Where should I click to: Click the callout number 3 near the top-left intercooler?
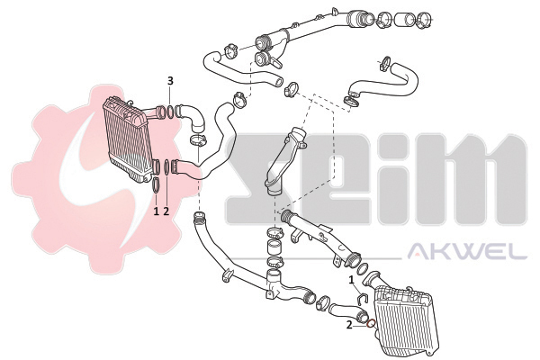(170, 81)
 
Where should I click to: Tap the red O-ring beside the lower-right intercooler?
(371, 324)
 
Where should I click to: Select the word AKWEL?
(467, 251)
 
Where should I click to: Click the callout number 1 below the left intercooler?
(156, 211)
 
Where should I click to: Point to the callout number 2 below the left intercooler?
(166, 211)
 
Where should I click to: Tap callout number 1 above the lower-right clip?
(351, 280)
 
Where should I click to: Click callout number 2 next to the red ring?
(349, 325)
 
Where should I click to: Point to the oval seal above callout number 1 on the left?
(156, 185)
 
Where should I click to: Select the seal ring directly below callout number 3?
(170, 112)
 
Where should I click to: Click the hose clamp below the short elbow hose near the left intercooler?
(198, 140)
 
